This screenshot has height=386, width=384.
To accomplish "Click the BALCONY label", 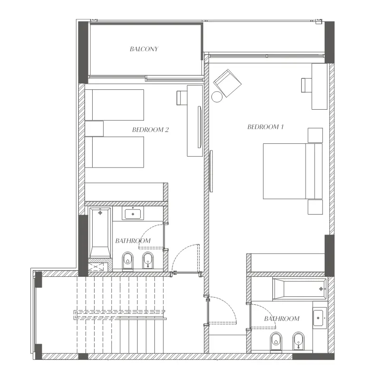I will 144,49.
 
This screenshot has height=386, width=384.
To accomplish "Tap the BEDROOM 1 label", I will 266,127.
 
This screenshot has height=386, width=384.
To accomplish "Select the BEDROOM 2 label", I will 150,129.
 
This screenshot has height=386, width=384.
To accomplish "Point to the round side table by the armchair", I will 217,97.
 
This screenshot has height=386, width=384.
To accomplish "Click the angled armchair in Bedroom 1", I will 228,82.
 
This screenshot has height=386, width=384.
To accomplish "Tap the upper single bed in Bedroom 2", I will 114,104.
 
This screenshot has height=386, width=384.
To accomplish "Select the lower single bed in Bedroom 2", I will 114,152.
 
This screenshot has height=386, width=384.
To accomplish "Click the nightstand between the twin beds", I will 94,129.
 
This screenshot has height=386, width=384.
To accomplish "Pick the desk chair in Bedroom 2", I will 182,98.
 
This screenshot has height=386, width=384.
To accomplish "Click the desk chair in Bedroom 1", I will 307,85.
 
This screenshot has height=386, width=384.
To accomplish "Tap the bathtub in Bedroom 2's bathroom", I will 100,232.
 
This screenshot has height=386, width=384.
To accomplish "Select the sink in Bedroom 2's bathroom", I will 132,214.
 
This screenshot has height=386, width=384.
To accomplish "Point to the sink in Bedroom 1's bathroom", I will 319,318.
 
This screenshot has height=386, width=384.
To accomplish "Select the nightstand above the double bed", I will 315,135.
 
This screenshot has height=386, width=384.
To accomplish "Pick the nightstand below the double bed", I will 315,207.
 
